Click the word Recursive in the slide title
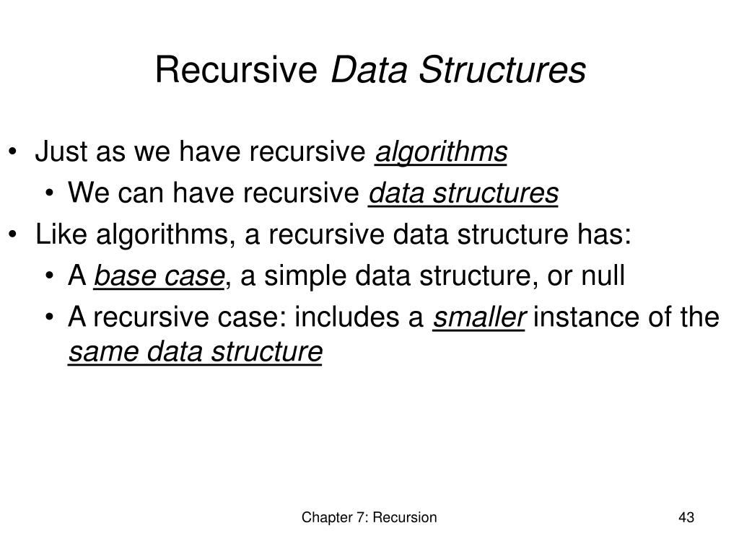pos(237,71)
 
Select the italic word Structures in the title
pos(503,71)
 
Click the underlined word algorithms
pos(442,152)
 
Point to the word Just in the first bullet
pos(60,152)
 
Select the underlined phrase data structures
pos(463,193)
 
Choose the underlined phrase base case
pos(159,276)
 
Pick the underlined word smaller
pos(478,317)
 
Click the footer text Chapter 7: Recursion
pos(369,517)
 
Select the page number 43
pos(686,517)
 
